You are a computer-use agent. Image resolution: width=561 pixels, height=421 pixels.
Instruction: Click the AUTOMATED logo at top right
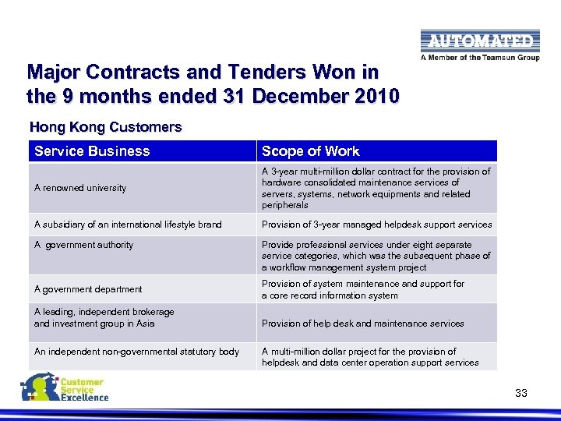tap(478, 41)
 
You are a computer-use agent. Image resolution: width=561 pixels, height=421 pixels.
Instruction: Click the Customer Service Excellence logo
tap(65, 387)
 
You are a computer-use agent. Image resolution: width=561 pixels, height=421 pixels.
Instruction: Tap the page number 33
tap(521, 393)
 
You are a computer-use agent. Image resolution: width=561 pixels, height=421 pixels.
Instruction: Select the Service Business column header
tap(92, 151)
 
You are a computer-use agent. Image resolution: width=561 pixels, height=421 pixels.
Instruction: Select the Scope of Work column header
tap(311, 151)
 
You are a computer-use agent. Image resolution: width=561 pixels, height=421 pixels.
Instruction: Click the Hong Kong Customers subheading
tap(105, 126)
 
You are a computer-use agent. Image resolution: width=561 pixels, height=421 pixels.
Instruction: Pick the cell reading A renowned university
tap(80, 188)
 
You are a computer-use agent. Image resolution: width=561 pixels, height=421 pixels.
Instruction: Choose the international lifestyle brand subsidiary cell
tap(128, 225)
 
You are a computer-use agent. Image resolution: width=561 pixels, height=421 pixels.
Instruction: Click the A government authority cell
tap(84, 245)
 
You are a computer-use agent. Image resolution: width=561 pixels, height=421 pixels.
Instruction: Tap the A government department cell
tap(88, 289)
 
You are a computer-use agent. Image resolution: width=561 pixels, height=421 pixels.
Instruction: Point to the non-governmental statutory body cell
tap(136, 352)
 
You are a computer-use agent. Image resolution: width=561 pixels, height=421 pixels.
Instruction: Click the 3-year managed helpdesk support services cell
tap(376, 225)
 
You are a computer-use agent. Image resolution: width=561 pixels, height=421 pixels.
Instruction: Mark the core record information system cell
tap(362, 290)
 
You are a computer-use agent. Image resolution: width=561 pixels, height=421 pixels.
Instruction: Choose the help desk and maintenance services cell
tap(362, 324)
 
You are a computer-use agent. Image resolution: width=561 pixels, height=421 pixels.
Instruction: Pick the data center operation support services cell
tap(370, 357)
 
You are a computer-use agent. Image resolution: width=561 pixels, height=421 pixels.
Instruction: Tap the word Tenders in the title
tap(257, 73)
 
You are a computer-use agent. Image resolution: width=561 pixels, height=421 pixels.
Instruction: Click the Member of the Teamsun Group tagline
tap(479, 57)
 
